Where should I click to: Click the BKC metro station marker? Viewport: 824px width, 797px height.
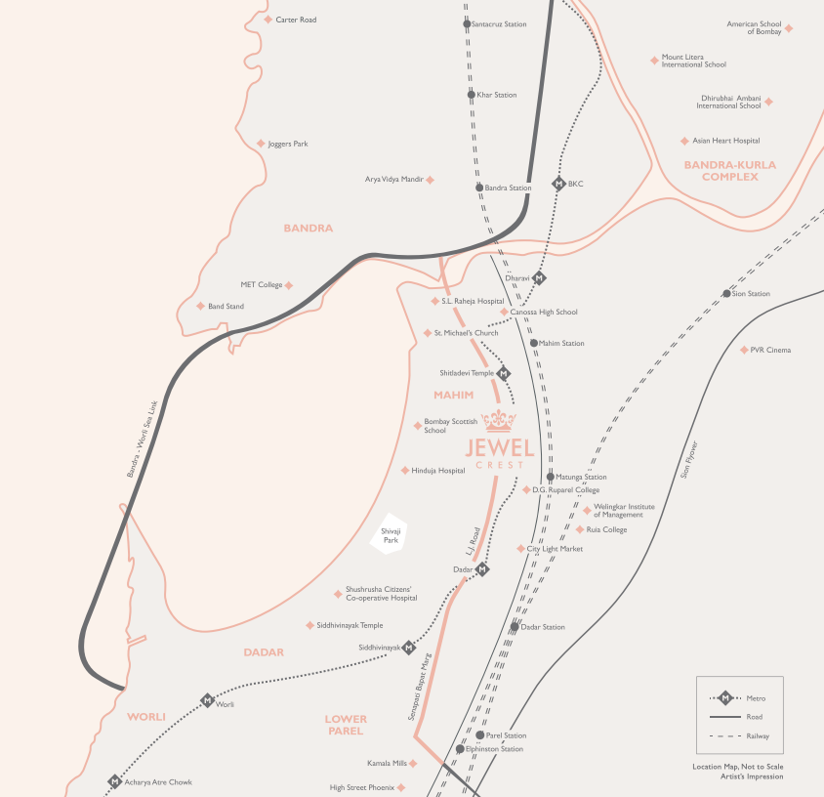coord(558,184)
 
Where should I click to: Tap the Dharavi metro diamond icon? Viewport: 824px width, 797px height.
coord(539,277)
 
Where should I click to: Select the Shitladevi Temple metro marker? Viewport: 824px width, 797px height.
coord(504,373)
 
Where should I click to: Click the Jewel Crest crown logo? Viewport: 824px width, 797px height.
coord(499,421)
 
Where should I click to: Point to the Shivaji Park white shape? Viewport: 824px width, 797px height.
coord(391,534)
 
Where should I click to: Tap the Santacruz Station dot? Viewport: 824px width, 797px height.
coord(467,24)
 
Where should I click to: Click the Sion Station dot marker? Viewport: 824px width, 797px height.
coord(726,293)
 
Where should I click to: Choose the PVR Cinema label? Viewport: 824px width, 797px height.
coord(771,350)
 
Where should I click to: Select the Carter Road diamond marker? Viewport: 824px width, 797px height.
coord(268,20)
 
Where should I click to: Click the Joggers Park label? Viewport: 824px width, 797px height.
coord(288,144)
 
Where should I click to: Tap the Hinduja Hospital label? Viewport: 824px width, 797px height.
coord(438,471)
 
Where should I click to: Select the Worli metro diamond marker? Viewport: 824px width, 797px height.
coord(207,700)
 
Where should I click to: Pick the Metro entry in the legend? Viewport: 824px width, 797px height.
coord(747,698)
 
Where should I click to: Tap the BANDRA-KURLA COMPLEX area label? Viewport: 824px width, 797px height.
coord(730,171)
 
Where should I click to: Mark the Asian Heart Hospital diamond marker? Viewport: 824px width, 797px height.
coord(684,141)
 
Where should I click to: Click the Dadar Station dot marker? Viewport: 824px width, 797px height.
coord(515,626)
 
